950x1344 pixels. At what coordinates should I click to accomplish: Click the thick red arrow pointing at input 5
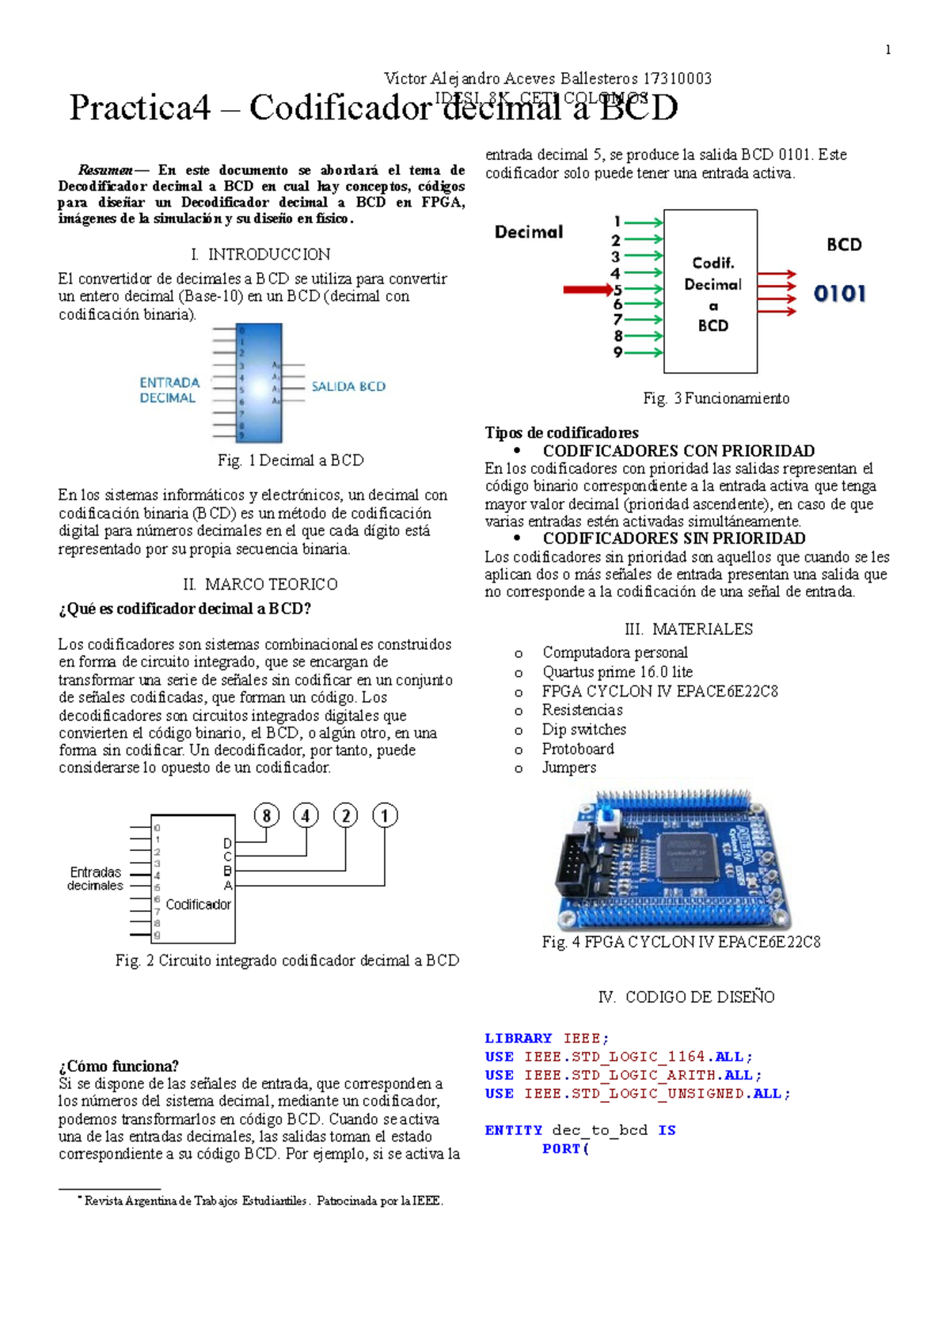[x=587, y=290]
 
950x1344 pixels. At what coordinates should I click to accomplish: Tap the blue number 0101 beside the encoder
[x=839, y=294]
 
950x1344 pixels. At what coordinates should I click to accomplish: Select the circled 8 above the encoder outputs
[x=267, y=815]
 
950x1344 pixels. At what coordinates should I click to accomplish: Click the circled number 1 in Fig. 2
[x=385, y=815]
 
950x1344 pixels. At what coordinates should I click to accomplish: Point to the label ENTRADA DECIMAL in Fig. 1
[x=169, y=390]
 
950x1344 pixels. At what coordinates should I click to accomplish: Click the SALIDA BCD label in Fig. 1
[x=348, y=386]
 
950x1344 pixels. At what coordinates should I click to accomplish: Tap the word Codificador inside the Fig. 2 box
[x=198, y=904]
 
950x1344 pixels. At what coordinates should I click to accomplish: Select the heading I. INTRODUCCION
[x=260, y=254]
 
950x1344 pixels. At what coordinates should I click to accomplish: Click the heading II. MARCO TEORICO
[x=260, y=584]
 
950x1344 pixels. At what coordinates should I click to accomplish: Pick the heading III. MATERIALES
[x=688, y=629]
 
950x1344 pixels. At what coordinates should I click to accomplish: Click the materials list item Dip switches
[x=583, y=729]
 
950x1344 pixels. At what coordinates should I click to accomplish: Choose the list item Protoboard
[x=578, y=749]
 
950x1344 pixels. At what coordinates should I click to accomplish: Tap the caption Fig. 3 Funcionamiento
[x=716, y=398]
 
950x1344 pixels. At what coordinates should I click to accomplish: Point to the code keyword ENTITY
[x=513, y=1130]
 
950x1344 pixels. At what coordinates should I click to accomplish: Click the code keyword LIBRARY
[x=518, y=1038]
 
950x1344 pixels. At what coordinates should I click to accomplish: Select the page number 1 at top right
[x=887, y=50]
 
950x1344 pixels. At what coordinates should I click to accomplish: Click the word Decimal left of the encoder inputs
[x=529, y=232]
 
